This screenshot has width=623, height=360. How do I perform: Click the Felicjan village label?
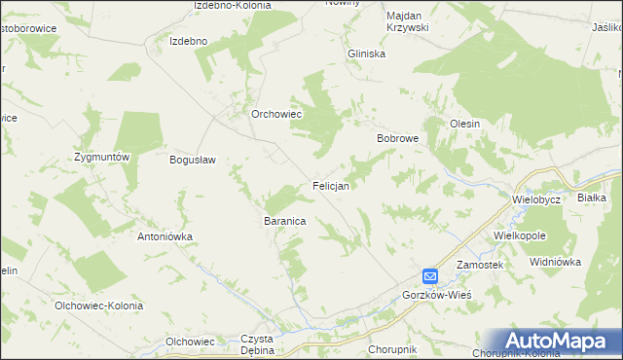click(x=331, y=184)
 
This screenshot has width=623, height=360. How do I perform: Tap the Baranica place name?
click(x=285, y=222)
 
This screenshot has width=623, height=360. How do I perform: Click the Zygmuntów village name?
click(x=102, y=157)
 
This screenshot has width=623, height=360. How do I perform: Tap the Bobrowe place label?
click(x=397, y=138)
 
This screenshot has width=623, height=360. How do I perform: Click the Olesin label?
click(x=464, y=124)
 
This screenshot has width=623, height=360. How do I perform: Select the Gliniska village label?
click(x=367, y=54)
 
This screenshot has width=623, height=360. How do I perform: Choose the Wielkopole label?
click(x=520, y=235)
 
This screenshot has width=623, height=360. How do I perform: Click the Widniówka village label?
click(x=555, y=262)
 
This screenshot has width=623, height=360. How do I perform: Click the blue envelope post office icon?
click(x=430, y=276)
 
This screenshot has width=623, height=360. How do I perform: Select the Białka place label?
click(x=592, y=197)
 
